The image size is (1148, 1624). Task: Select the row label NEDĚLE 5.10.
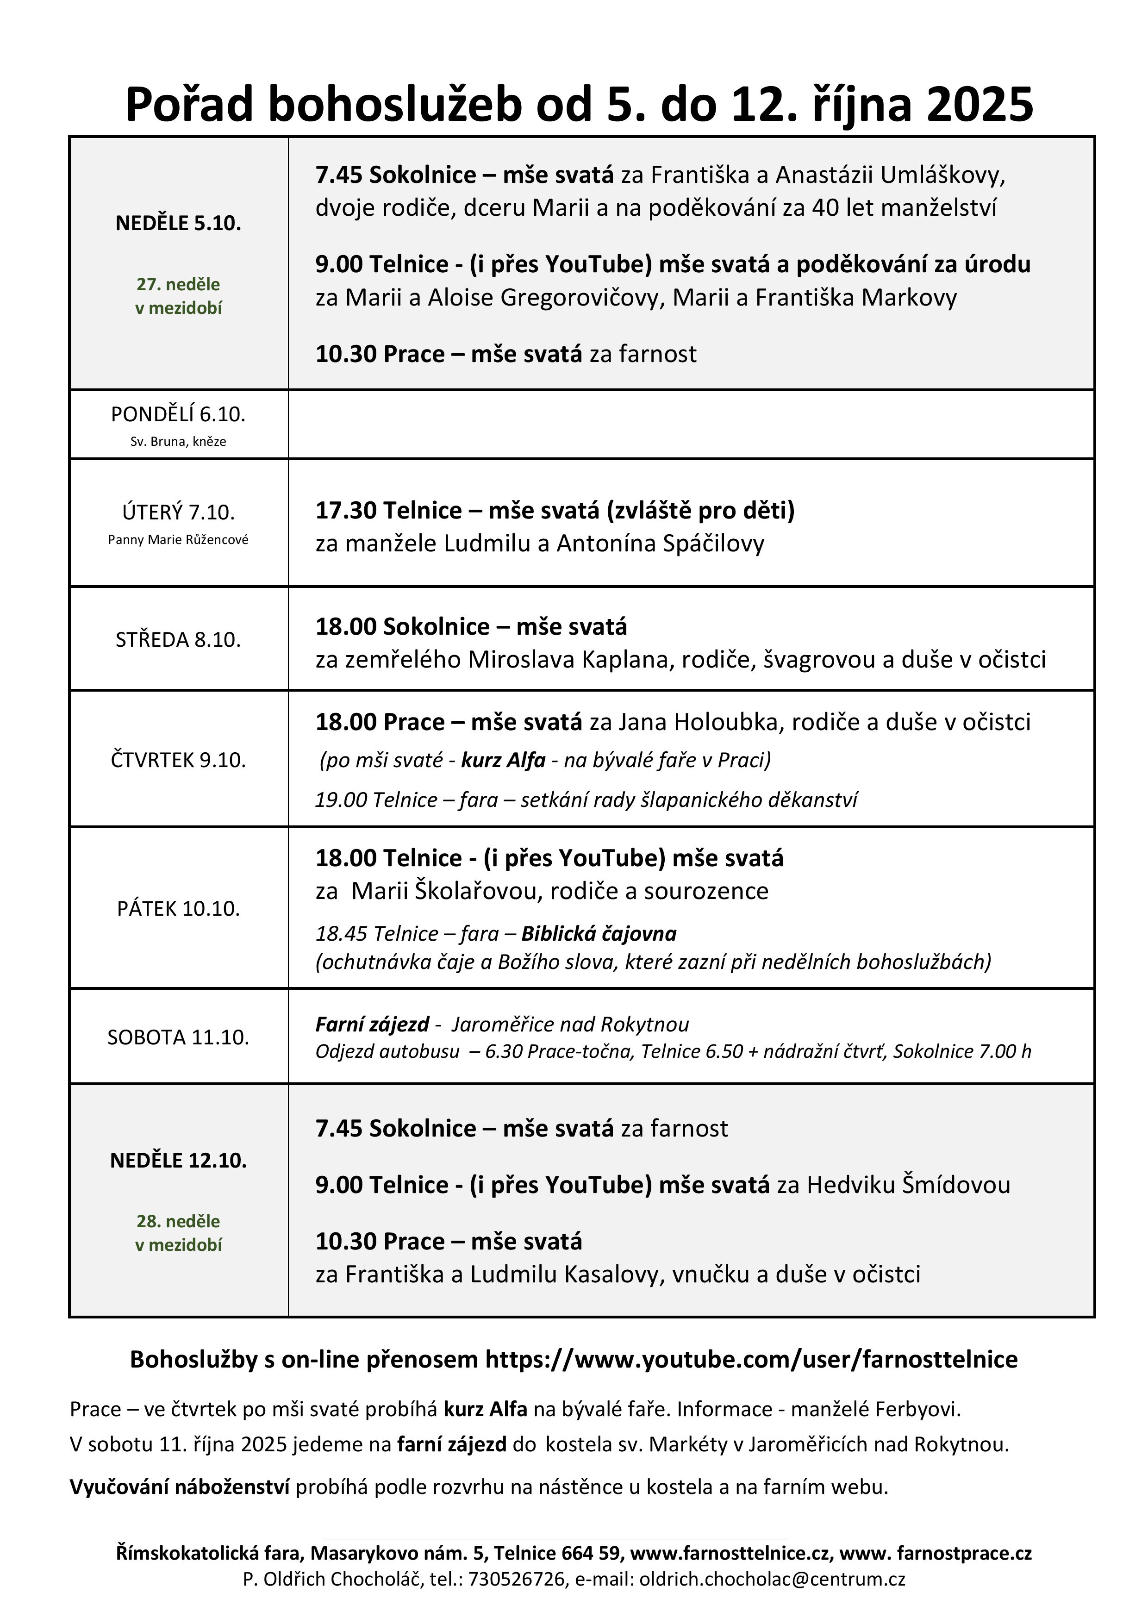pos(178,224)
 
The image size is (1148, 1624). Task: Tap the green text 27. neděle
pos(178,284)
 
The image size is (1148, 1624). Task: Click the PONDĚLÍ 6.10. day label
pos(178,414)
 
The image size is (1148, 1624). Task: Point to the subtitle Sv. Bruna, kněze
pos(178,441)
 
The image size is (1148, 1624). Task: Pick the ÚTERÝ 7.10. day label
pos(178,512)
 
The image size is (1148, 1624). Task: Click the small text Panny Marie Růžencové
pos(178,540)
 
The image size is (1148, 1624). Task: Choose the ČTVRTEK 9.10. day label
pos(178,760)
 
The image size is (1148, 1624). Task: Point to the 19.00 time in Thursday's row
pos(341,800)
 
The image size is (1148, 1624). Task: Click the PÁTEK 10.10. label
pos(178,909)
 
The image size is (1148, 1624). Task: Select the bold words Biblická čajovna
pos(599,934)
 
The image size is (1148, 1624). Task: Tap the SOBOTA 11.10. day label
pos(178,1037)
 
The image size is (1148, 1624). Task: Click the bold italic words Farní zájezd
pos(372,1024)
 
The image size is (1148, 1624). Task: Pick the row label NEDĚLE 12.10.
pos(178,1161)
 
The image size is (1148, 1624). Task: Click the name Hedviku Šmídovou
pos(908,1185)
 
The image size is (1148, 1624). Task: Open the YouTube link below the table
pos(751,1360)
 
